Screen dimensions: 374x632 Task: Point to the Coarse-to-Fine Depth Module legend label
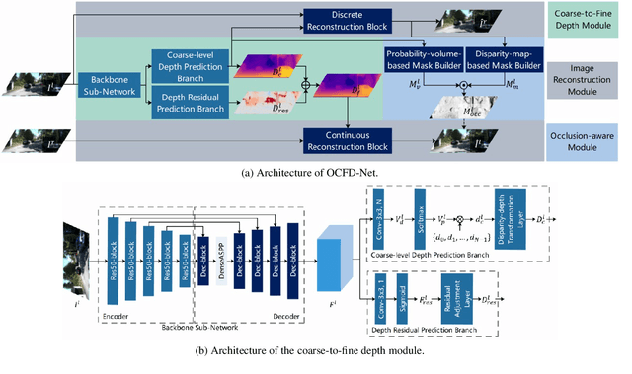coord(585,20)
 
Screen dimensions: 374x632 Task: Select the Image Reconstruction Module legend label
coord(585,83)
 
